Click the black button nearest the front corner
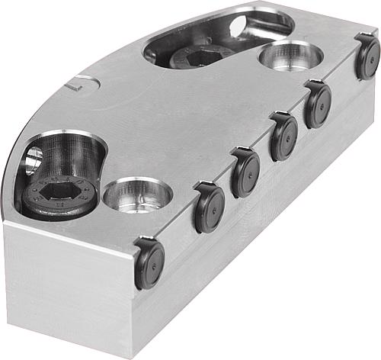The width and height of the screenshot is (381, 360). pyautogui.click(x=149, y=263)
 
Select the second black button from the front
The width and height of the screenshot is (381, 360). pyautogui.click(x=210, y=208)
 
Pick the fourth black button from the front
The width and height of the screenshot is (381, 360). pyautogui.click(x=283, y=137)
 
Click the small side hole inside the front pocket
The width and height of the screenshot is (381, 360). pyautogui.click(x=34, y=160)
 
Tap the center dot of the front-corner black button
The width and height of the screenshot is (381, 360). pyautogui.click(x=151, y=264)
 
